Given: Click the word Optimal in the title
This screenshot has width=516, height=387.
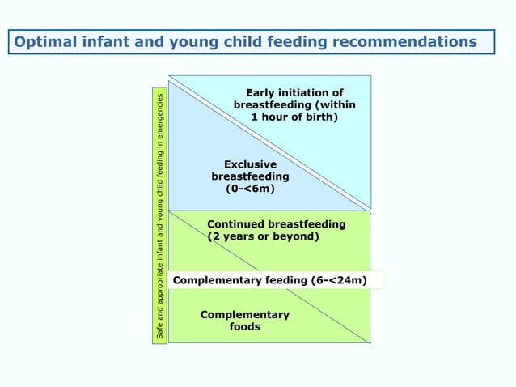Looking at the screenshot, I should coord(45,41).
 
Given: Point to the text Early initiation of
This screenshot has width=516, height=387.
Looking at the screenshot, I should coord(294,92).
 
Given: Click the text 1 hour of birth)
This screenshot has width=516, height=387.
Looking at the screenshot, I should coord(294,118).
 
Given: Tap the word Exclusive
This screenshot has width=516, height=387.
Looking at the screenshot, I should coord(250,164).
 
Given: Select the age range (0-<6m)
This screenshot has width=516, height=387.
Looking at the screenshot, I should coord(250,189).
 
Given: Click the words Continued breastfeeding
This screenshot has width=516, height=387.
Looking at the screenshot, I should coord(277,223).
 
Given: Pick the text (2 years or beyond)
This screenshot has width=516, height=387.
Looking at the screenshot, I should coord(264,236).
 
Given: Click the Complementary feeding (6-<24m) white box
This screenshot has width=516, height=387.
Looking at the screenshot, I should coord(277,281).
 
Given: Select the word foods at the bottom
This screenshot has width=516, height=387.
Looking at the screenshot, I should coord(245,327).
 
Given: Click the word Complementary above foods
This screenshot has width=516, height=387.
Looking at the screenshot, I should coord(244,314).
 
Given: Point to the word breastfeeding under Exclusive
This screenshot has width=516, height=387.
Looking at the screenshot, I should coord(250,176).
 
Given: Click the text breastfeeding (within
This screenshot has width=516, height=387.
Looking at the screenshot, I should coord(294,105).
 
